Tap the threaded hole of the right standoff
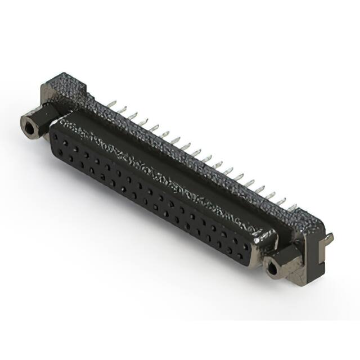(273, 269)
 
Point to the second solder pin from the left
(122, 109)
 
